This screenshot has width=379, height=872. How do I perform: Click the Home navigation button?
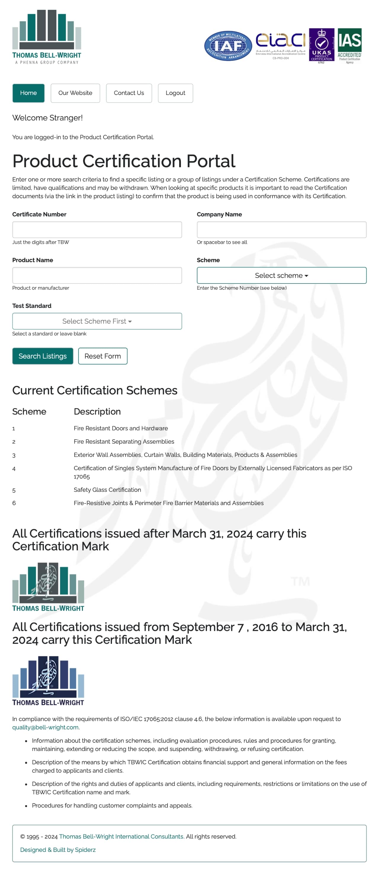pos(28,93)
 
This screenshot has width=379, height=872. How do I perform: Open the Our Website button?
pos(75,93)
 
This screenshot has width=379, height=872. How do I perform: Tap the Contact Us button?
pos(129,93)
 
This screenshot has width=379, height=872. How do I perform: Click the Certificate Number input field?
pos(97,230)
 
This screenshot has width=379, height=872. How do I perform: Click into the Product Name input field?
pos(97,275)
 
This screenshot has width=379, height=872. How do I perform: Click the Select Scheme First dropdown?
pos(97,321)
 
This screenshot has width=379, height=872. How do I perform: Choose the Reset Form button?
pos(103,356)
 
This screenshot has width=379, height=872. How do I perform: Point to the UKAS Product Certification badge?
pos(322,45)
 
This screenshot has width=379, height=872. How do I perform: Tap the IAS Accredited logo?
pos(349,45)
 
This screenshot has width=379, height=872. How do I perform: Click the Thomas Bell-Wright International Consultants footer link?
pos(122,836)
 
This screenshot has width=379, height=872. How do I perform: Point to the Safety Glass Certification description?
pos(107,490)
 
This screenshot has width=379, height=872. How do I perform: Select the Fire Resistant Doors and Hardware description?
pos(121,428)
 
